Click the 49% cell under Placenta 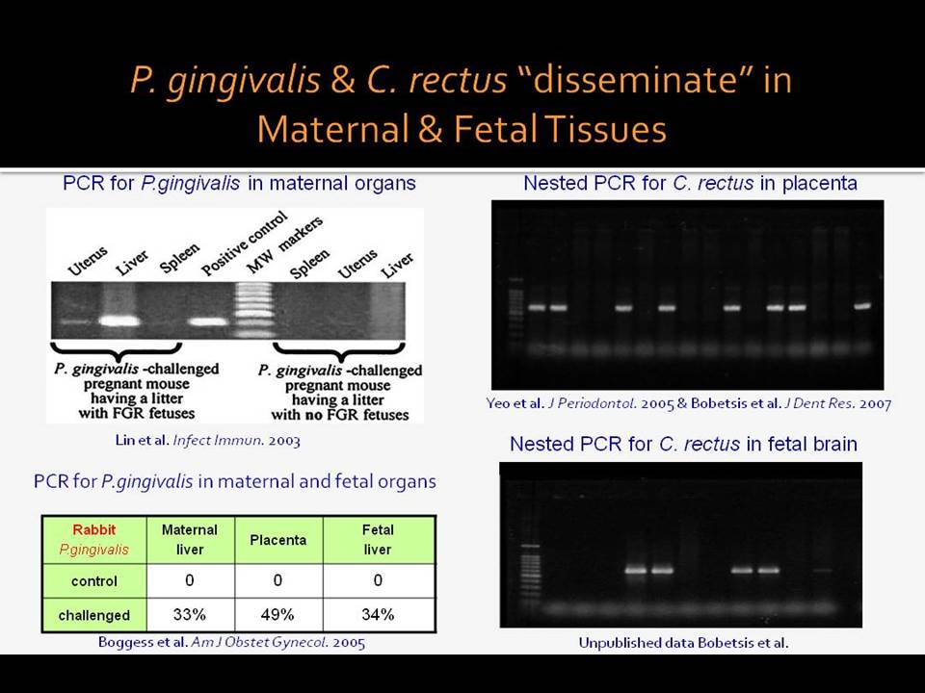point(277,615)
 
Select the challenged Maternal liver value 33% point(190,615)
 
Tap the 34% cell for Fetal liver point(378,615)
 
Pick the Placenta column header point(278,540)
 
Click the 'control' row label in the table point(94,581)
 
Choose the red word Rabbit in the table point(94,529)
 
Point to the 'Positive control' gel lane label point(244,244)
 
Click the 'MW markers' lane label point(284,245)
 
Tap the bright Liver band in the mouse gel point(120,321)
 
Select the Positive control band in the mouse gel point(208,321)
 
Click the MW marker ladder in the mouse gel point(254,311)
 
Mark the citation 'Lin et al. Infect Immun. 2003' point(208,440)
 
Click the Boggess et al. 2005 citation point(232,642)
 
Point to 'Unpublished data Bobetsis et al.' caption point(683,642)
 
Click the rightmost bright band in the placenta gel point(863,306)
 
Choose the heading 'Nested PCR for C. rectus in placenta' point(690,183)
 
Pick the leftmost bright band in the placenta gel point(537,307)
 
